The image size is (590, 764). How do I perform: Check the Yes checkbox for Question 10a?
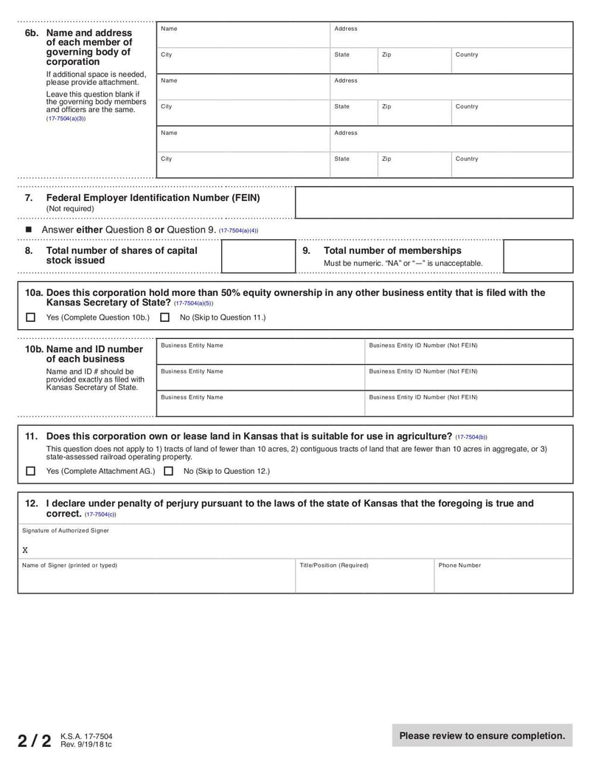point(30,317)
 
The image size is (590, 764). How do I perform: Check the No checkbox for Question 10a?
point(164,317)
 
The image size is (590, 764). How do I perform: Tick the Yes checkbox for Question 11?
point(30,471)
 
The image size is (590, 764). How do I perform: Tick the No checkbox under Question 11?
point(168,471)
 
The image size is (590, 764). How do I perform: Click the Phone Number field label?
point(459,565)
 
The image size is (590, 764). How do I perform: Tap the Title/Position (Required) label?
point(333,565)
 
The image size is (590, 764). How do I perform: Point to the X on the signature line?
point(25,550)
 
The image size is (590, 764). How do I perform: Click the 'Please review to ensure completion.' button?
point(482,735)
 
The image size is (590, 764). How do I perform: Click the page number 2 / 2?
point(35,740)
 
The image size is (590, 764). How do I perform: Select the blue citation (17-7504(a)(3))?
point(66,118)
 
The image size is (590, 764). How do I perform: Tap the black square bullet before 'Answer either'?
point(29,230)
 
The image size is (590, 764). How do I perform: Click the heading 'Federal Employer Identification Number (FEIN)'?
point(153,198)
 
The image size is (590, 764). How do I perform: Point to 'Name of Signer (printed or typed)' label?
point(69,565)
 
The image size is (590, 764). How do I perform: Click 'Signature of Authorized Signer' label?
point(65,531)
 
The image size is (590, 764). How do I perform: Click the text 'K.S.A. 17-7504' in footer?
point(86,736)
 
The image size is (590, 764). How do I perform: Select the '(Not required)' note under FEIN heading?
point(70,209)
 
